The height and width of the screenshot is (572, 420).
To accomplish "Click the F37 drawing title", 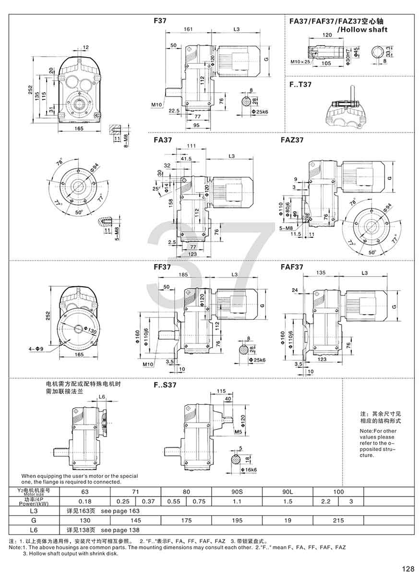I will [x=160, y=21].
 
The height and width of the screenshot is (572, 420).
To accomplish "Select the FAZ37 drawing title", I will [x=292, y=140].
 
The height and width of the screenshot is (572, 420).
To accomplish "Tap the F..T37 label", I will [x=301, y=85].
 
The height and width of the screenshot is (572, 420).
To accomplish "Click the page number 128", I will [x=408, y=569].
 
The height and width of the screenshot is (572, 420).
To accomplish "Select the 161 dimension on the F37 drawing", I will [x=189, y=30].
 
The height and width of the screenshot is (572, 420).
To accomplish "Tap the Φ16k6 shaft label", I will [x=250, y=469].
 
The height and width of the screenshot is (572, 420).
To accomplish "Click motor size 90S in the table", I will [x=237, y=492].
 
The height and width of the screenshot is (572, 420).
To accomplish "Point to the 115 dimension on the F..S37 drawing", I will [x=221, y=391].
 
